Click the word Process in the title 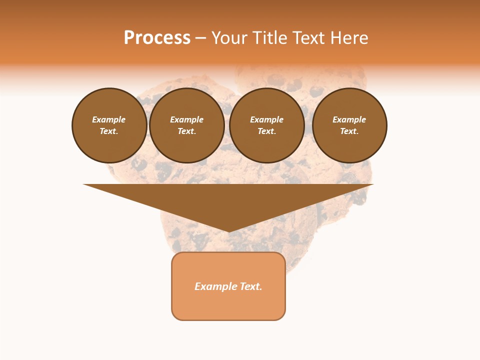pyautogui.click(x=157, y=38)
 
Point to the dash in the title pyautogui.click(x=200, y=39)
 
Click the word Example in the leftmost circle pyautogui.click(x=109, y=119)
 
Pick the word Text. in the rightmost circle pyautogui.click(x=349, y=131)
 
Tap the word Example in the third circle pyautogui.click(x=266, y=119)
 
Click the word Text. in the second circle pyautogui.click(x=186, y=131)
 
